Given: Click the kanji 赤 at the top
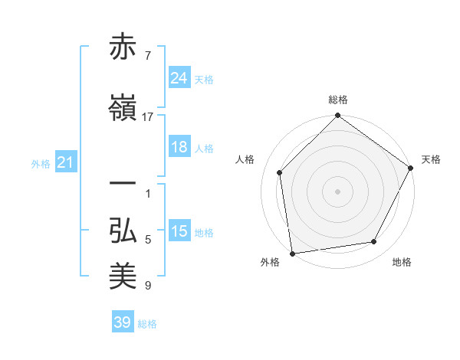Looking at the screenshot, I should [x=124, y=48].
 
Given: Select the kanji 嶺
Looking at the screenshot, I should [x=124, y=109].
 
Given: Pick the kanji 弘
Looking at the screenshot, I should [x=124, y=231].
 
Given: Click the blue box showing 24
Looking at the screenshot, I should [x=179, y=77].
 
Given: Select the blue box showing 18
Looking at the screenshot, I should [x=179, y=147].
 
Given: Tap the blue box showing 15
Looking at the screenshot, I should [x=179, y=231].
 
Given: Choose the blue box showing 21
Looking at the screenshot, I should [x=65, y=162].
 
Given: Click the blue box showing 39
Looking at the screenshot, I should [x=123, y=322].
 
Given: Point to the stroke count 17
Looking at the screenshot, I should [x=148, y=117].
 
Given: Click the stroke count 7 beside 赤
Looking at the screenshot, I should [x=148, y=55].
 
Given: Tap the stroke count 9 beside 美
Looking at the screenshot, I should [x=148, y=286].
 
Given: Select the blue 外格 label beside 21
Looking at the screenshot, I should [x=41, y=163].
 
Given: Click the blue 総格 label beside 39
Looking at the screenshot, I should [x=148, y=324].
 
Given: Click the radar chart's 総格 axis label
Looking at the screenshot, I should [x=338, y=100].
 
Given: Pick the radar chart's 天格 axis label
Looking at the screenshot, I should [x=431, y=159].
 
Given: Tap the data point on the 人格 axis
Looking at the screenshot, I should [x=280, y=172].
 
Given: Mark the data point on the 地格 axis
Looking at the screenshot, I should [x=374, y=242].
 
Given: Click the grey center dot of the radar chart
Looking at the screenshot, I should [x=338, y=191].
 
